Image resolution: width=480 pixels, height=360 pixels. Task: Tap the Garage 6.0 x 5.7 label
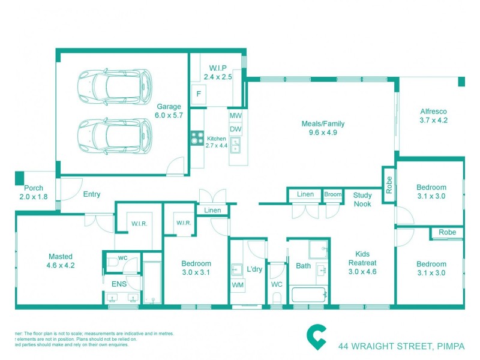[169, 110]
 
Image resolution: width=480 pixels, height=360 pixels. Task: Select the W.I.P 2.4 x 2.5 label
[217, 72]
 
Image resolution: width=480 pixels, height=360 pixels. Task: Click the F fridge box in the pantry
[199, 94]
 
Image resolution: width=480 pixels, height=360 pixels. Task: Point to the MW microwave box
[235, 115]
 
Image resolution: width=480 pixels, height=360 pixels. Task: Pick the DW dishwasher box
[235, 129]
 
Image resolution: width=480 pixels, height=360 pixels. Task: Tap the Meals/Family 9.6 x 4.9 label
[323, 128]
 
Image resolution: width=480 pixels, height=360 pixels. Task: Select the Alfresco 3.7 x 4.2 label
[433, 116]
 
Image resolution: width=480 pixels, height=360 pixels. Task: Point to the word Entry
[92, 194]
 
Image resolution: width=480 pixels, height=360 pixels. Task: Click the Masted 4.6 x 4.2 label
[60, 260]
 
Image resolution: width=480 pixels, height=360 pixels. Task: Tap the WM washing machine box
[238, 285]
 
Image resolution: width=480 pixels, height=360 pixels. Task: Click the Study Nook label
[362, 199]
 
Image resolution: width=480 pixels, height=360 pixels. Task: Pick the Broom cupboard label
[332, 194]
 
